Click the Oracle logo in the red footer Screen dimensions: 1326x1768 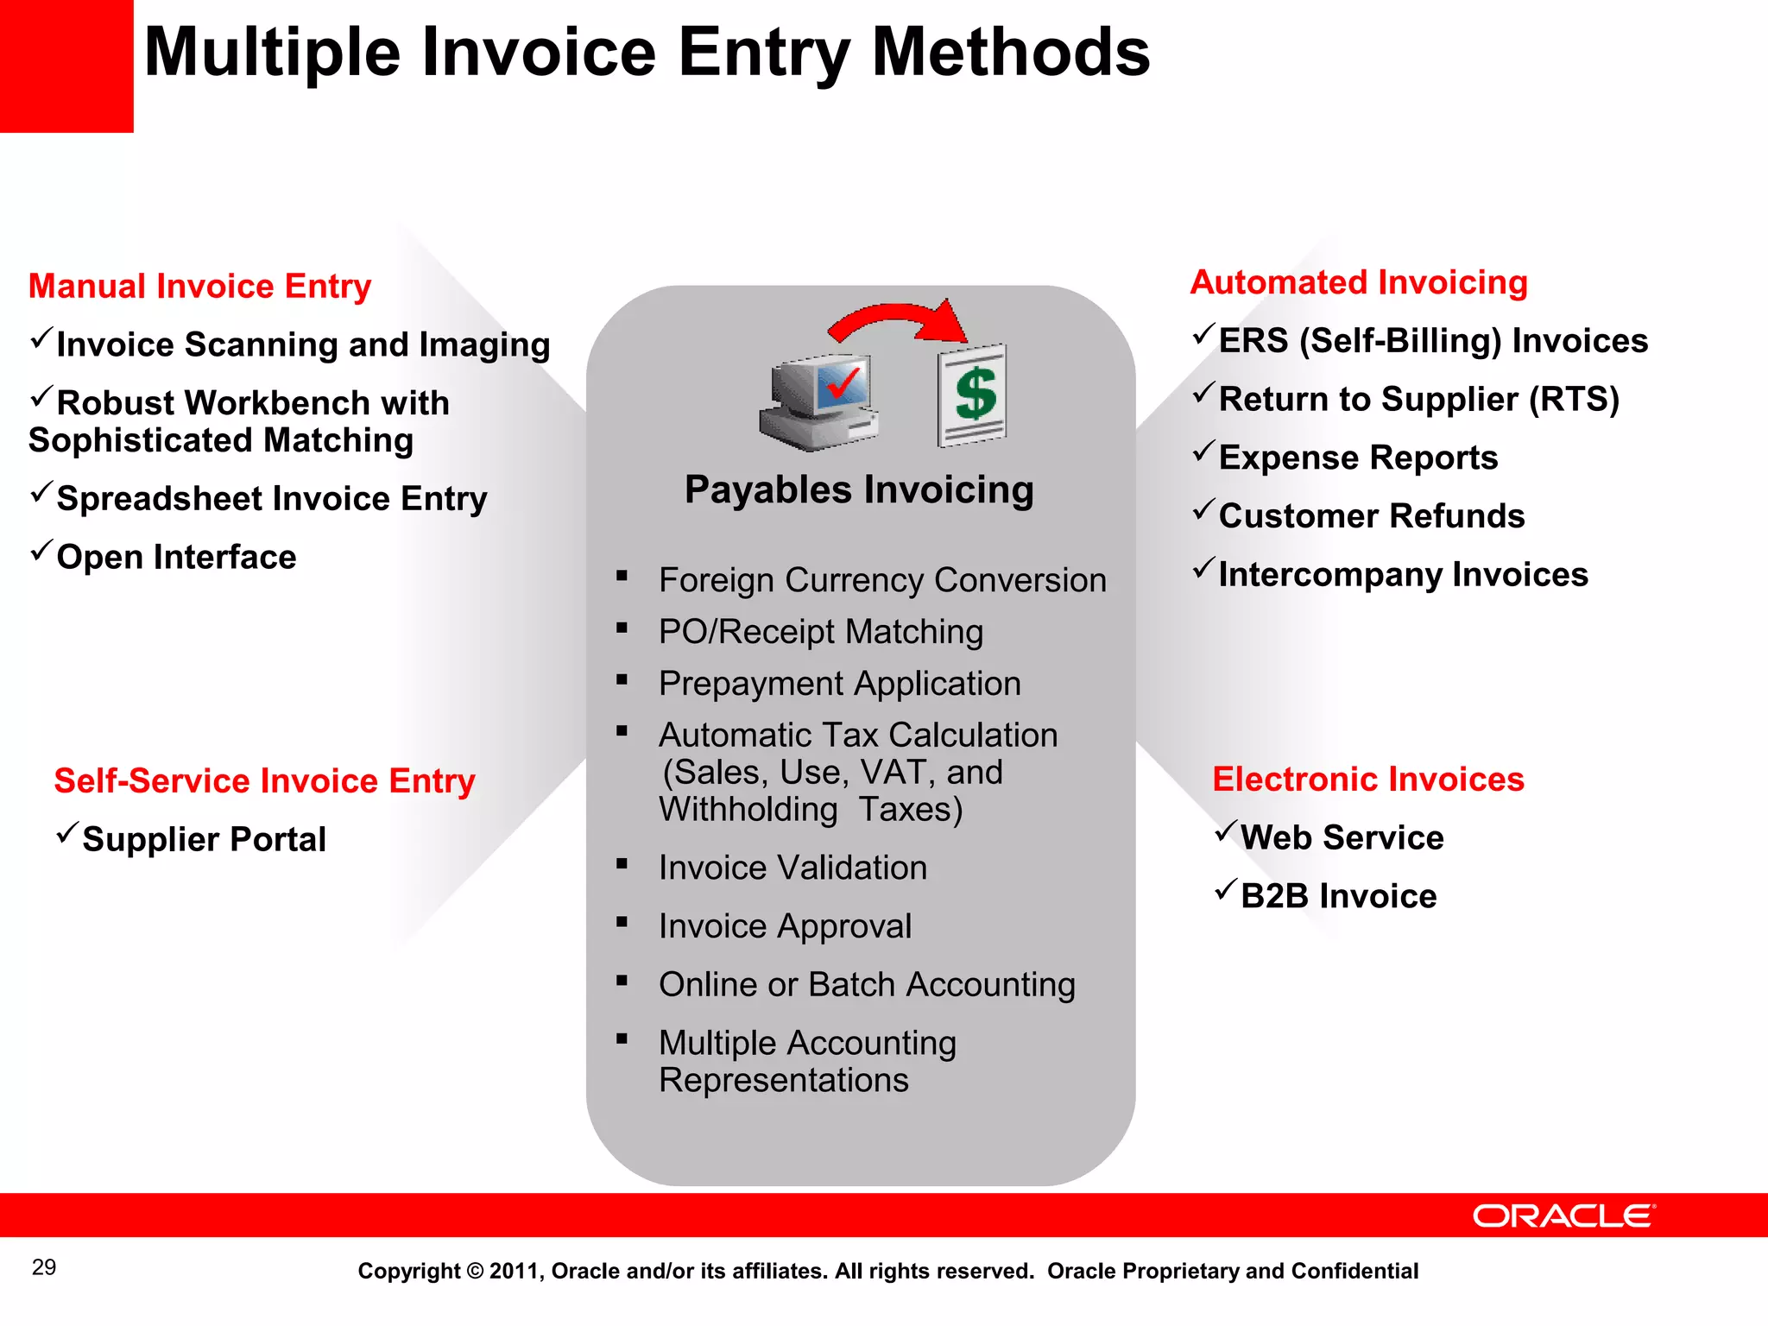tap(1563, 1215)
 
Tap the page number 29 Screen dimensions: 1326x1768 tap(44, 1267)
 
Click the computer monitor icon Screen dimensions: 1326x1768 tap(820, 402)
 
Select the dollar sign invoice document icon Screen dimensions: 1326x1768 tap(973, 395)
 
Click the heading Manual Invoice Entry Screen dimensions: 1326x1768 tap(199, 286)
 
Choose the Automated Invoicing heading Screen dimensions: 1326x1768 tap(1359, 282)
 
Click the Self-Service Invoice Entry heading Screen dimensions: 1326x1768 tap(264, 780)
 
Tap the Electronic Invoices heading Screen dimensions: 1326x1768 tap(1368, 779)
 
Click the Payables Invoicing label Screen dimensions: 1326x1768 tap(859, 489)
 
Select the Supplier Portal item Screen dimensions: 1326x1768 tap(204, 839)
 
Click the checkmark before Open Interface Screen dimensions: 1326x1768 tap(41, 550)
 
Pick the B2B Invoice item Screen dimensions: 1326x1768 tap(1338, 896)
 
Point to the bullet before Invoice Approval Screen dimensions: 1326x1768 tap(622, 922)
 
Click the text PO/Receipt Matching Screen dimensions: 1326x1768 tap(820, 632)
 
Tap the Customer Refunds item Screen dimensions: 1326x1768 tap(1371, 516)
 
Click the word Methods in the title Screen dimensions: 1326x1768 tap(1011, 53)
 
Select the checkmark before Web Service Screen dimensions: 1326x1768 tap(1226, 830)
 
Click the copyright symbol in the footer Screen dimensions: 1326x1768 tap(475, 1271)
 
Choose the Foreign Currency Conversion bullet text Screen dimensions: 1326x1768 tap(881, 580)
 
